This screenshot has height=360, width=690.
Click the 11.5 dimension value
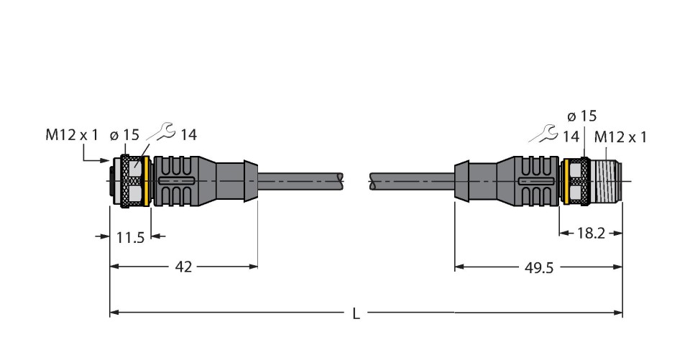(130, 238)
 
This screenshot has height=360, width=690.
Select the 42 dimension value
(183, 267)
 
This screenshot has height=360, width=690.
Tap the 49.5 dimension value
(539, 267)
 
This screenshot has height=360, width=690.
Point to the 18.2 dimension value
(591, 234)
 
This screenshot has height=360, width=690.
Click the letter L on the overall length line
(356, 314)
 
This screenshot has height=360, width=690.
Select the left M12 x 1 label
(72, 135)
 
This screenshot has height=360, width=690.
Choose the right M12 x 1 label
(620, 137)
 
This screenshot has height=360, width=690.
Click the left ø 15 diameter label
(124, 135)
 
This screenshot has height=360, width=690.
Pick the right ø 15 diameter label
(582, 116)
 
